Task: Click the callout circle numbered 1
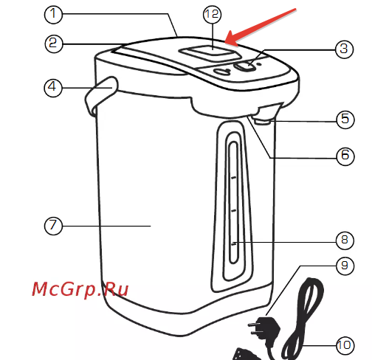pyautogui.click(x=53, y=15)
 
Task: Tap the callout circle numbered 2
pyautogui.click(x=54, y=44)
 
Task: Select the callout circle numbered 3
pyautogui.click(x=345, y=49)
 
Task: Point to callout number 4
pyautogui.click(x=53, y=88)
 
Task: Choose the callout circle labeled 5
pyautogui.click(x=345, y=120)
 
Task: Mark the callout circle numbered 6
pyautogui.click(x=345, y=156)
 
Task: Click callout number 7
pyautogui.click(x=53, y=226)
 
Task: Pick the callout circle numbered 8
pyautogui.click(x=345, y=240)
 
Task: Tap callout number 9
pyautogui.click(x=345, y=266)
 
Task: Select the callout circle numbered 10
pyautogui.click(x=345, y=345)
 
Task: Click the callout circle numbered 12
pyautogui.click(x=212, y=15)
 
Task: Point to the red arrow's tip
pyautogui.click(x=226, y=42)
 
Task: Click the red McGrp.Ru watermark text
pyautogui.click(x=80, y=289)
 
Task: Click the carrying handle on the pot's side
pyautogui.click(x=100, y=94)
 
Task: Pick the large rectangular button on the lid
pyautogui.click(x=210, y=53)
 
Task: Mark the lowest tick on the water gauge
pyautogui.click(x=234, y=243)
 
